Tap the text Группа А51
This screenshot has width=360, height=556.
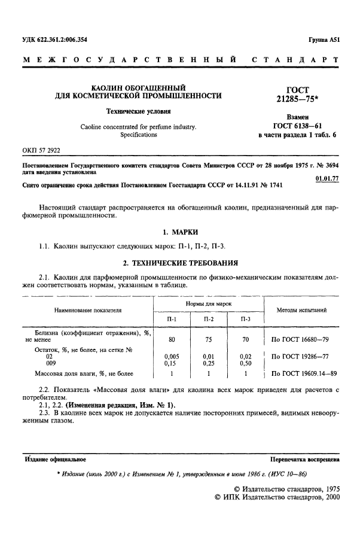(324, 40)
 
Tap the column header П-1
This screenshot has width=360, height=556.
(172, 320)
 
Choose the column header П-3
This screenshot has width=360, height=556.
(245, 320)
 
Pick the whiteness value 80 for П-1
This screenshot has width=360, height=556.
(172, 339)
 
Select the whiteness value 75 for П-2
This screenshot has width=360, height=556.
(208, 339)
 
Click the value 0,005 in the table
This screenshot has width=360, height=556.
(172, 356)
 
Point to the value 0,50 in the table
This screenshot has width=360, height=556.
(245, 363)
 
